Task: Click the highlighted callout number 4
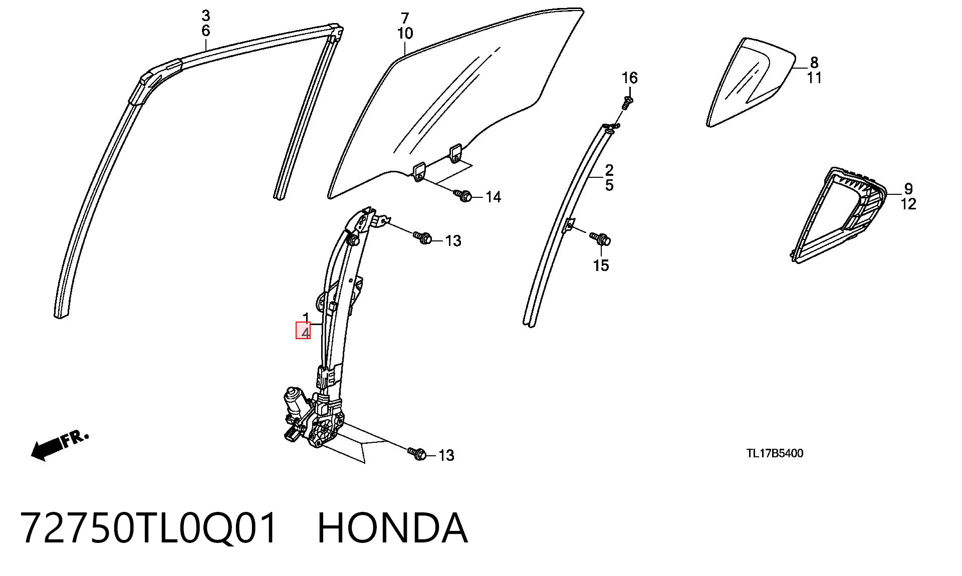coord(303,331)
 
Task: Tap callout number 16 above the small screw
coord(629,78)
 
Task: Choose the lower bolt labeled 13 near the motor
coord(417,453)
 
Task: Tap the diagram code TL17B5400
coord(775,453)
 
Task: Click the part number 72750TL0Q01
coord(148,528)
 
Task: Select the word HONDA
coord(392,528)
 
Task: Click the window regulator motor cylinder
coord(293,400)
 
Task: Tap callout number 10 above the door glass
coord(405,34)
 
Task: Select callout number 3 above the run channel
coord(205,16)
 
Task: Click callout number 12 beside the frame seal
coord(908,204)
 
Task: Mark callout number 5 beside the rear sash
coord(609,185)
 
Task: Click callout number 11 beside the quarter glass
coord(814,78)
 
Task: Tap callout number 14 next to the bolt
coord(493,197)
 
